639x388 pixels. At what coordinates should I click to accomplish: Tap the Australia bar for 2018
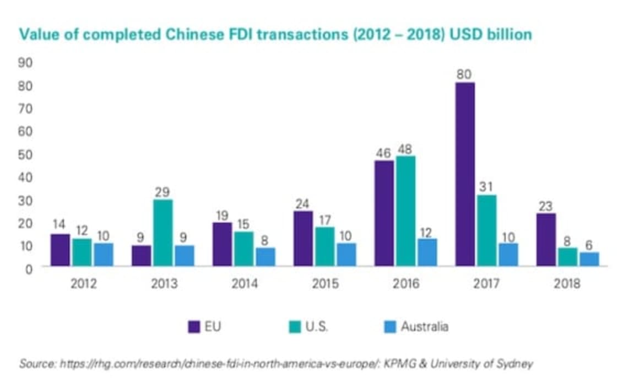tap(589, 259)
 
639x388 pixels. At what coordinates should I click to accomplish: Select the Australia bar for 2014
tap(264, 257)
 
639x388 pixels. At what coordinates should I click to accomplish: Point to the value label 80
tap(465, 74)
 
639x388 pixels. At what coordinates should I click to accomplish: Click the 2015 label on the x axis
tap(325, 284)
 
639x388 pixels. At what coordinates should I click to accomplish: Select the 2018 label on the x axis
tap(567, 284)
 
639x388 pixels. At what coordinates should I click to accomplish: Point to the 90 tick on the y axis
tap(26, 63)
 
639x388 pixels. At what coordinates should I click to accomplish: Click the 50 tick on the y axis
tap(26, 154)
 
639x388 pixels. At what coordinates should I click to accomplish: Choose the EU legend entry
tap(205, 327)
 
